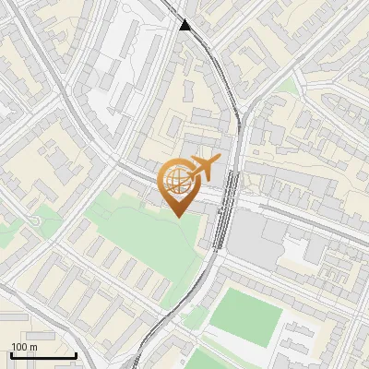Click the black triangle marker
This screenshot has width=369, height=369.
(x=186, y=26)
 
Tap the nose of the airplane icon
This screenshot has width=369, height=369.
(x=218, y=162)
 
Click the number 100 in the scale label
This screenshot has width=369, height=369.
(x=18, y=347)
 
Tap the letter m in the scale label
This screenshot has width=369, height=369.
(x=33, y=347)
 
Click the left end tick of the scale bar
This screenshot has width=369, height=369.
(x=10, y=354)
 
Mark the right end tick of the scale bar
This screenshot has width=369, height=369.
(x=76, y=354)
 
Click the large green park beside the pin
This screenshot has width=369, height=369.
(x=138, y=231)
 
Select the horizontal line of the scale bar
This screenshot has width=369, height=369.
(x=42, y=355)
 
